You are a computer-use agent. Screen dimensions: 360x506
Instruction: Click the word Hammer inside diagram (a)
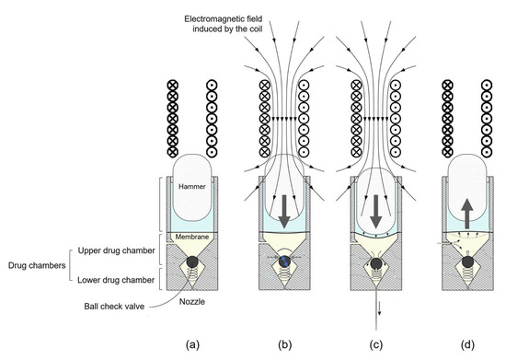pyautogui.click(x=191, y=189)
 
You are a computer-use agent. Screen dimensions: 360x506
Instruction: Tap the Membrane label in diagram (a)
pyautogui.click(x=191, y=237)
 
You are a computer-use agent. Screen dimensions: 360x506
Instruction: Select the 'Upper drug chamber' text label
pyautogui.click(x=101, y=252)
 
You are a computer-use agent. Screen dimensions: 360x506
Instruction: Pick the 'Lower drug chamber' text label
pyautogui.click(x=101, y=274)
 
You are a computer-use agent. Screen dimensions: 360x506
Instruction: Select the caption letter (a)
pyautogui.click(x=191, y=345)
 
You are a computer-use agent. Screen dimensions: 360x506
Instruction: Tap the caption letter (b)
pyautogui.click(x=285, y=345)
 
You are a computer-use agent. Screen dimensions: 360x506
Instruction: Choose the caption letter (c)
pyautogui.click(x=376, y=345)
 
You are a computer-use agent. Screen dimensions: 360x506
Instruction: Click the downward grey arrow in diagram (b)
pyautogui.click(x=285, y=207)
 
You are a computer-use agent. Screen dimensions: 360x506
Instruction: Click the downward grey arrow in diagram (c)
pyautogui.click(x=376, y=207)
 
